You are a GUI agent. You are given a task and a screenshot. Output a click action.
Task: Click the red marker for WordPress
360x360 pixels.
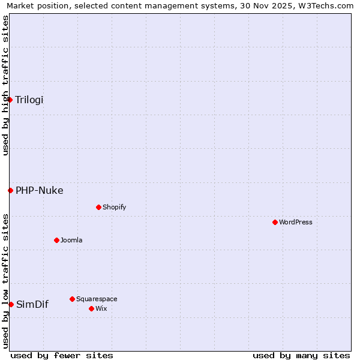(x=275, y=222)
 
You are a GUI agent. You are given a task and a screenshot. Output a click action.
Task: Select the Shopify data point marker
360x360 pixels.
(x=98, y=207)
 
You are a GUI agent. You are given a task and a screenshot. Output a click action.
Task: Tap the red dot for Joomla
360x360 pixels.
(x=56, y=240)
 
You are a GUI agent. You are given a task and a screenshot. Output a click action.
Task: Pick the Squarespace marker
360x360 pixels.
(x=72, y=299)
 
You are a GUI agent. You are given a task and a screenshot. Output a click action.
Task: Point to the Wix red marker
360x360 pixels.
(x=91, y=308)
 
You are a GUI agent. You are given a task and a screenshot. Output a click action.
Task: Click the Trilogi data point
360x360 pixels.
(x=10, y=100)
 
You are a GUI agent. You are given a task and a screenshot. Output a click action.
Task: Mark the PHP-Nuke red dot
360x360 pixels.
(x=10, y=190)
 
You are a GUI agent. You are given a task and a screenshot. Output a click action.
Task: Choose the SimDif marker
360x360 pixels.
(x=11, y=304)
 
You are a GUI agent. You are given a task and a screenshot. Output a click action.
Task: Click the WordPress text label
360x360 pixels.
(x=296, y=222)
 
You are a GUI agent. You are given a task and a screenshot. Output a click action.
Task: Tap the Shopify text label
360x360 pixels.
(x=115, y=207)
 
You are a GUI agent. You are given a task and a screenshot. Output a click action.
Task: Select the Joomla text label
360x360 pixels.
(x=71, y=240)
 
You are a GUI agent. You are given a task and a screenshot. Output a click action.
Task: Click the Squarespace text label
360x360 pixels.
(x=97, y=299)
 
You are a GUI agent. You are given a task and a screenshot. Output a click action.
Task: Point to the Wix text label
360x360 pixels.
(x=101, y=308)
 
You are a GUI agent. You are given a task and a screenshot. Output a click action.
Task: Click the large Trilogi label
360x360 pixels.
(x=29, y=100)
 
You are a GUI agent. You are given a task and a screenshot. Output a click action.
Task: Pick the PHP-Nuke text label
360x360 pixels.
(x=40, y=190)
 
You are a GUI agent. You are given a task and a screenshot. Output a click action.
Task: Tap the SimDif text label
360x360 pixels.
(x=32, y=304)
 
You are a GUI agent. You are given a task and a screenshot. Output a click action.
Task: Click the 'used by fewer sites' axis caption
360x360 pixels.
(x=62, y=355)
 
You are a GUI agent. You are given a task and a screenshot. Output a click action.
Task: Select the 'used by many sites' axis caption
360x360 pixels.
(x=301, y=355)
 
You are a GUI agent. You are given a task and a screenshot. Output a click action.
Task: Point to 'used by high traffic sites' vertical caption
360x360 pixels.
(x=5, y=85)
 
